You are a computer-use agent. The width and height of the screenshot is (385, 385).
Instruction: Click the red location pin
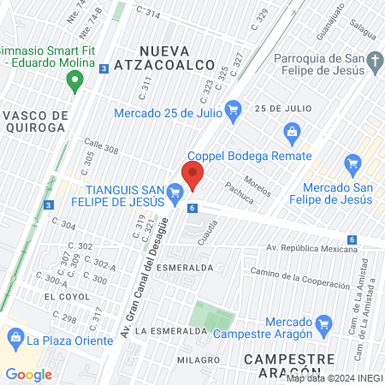pyautogui.click(x=192, y=175)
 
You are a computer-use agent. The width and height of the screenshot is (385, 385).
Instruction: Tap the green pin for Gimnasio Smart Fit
pyautogui.click(x=74, y=81)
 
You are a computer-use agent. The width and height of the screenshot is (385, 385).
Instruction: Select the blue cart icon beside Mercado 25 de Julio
pyautogui.click(x=233, y=109)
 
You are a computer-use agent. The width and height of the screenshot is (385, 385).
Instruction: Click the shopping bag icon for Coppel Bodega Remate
pyautogui.click(x=293, y=131)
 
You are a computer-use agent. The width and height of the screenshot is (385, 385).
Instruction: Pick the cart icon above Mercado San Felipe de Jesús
pyautogui.click(x=352, y=163)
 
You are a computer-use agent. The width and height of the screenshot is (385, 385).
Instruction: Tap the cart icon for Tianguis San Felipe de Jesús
pyautogui.click(x=176, y=193)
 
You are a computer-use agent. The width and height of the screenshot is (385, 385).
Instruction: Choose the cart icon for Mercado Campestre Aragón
pyautogui.click(x=323, y=323)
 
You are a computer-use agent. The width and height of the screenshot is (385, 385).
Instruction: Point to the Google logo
pyautogui.click(x=28, y=374)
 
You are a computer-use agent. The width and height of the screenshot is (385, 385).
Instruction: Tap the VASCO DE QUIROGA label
pyautogui.click(x=35, y=121)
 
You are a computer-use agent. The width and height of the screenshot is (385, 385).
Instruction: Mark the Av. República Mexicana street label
pyautogui.click(x=311, y=249)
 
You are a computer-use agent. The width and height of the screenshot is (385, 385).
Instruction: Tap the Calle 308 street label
pyautogui.click(x=102, y=148)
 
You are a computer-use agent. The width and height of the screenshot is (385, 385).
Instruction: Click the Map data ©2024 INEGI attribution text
pyautogui.click(x=333, y=377)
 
